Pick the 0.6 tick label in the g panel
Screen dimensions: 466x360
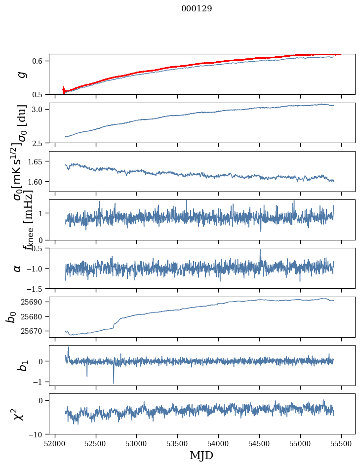click(x=40, y=61)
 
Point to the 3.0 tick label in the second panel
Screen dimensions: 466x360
click(x=40, y=109)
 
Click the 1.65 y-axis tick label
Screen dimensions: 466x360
click(x=38, y=161)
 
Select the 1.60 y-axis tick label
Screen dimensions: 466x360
click(x=38, y=182)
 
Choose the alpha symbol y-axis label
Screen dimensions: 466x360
click(x=17, y=268)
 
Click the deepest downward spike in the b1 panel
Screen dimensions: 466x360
click(x=114, y=383)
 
